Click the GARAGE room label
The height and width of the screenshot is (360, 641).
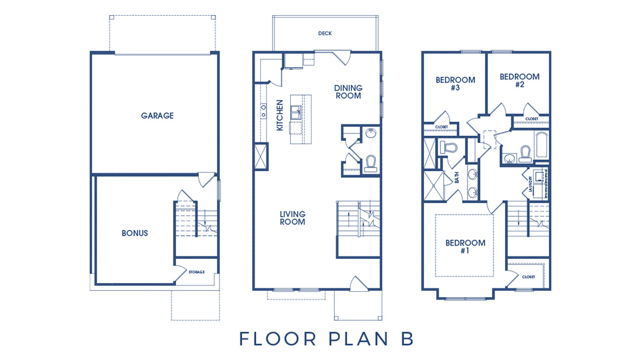click(157, 115)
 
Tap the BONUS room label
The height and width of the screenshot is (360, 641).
click(134, 233)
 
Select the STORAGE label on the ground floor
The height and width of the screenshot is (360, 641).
click(196, 272)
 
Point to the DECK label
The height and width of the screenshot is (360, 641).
click(325, 34)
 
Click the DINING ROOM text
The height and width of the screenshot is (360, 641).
click(348, 92)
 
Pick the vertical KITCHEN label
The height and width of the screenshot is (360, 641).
click(280, 115)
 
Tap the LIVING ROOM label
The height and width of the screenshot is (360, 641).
click(292, 217)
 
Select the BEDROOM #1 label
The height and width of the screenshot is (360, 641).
click(465, 247)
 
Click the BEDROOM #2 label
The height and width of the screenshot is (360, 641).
click(520, 80)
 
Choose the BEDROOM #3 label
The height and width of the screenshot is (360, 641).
click(456, 83)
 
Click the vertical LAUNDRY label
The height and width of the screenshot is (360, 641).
click(531, 183)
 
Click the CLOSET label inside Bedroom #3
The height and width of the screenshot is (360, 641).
click(441, 127)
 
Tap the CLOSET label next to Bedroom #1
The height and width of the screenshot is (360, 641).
click(528, 277)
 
